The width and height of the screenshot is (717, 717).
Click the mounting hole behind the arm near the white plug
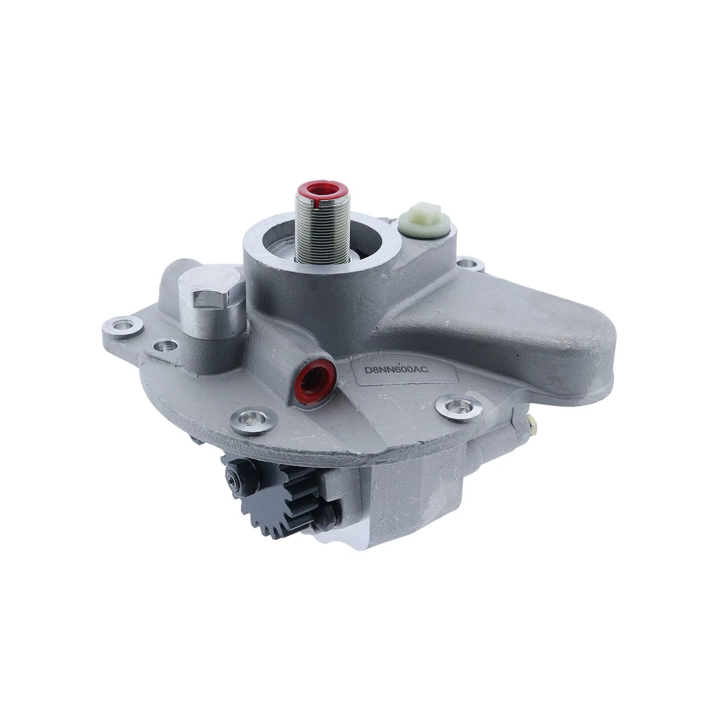point(465,262)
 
